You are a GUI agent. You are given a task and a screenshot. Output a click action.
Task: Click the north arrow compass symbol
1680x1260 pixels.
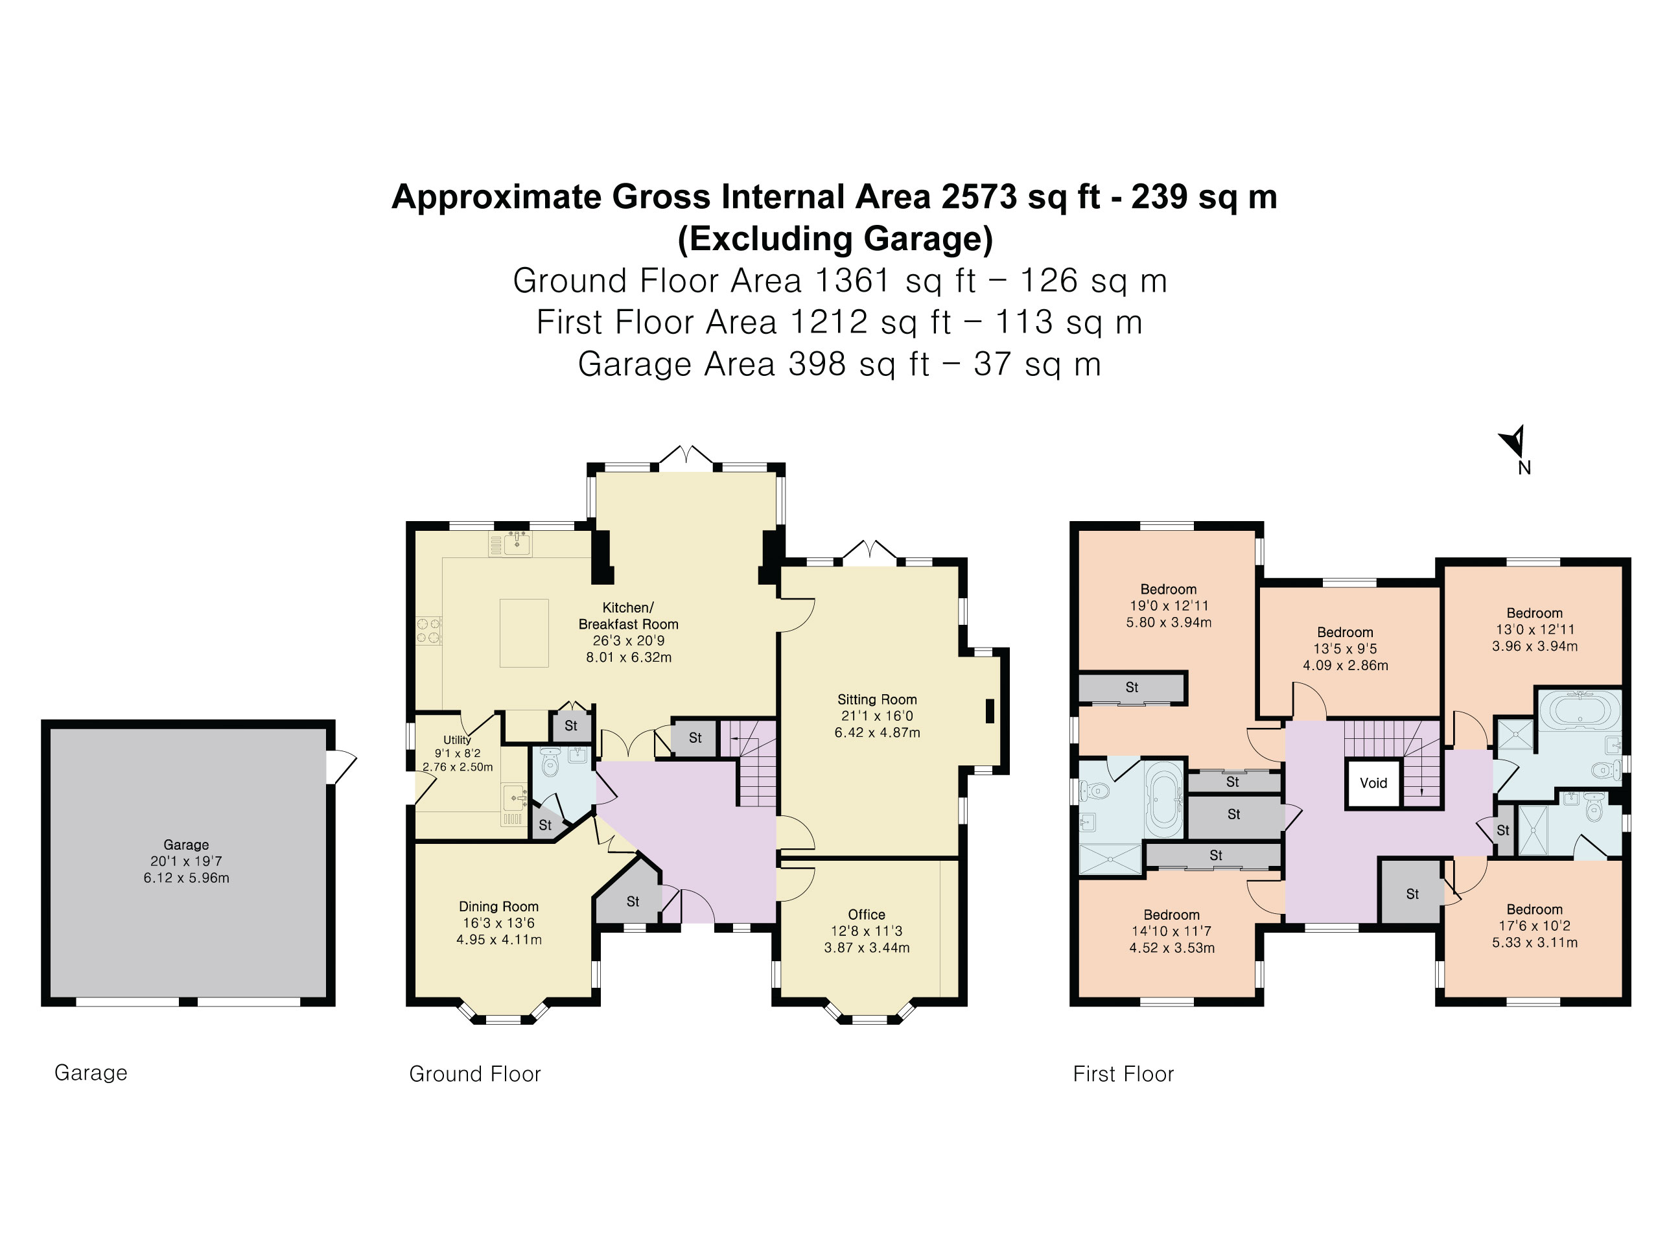(x=1513, y=441)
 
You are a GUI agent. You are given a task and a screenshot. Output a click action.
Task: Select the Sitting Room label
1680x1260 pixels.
(x=876, y=699)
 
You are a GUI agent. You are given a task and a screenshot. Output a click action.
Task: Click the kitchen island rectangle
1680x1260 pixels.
(x=524, y=633)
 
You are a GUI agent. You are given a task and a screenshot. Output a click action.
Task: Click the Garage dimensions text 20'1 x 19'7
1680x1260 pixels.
(x=186, y=861)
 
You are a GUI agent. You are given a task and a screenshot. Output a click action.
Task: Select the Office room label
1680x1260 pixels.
(x=866, y=915)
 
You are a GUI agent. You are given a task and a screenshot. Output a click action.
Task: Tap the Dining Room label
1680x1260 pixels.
(x=498, y=906)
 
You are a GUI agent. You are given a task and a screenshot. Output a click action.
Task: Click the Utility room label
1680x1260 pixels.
(x=456, y=740)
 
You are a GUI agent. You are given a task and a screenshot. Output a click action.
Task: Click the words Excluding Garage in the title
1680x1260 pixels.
(x=835, y=239)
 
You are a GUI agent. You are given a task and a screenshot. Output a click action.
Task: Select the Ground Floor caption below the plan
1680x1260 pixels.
(x=474, y=1074)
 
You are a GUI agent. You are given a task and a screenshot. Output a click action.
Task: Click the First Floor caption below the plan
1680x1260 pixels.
(x=1123, y=1074)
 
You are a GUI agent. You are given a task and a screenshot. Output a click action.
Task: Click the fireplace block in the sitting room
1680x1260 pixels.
(x=990, y=711)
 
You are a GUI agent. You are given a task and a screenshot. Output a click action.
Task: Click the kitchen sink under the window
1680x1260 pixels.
(x=518, y=543)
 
